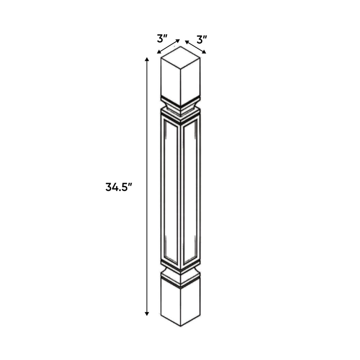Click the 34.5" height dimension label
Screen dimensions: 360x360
[118, 187]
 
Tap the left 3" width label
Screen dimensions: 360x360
[163, 38]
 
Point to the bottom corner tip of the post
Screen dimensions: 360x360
[181, 326]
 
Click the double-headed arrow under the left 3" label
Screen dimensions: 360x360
[168, 47]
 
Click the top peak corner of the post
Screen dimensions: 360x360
[181, 47]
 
